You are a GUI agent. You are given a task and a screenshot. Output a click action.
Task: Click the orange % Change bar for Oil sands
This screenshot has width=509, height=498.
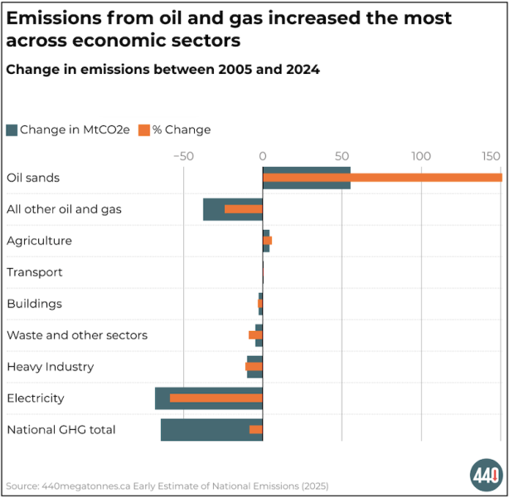click(381, 178)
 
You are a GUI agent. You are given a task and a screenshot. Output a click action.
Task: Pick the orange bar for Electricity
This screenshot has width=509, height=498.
click(216, 398)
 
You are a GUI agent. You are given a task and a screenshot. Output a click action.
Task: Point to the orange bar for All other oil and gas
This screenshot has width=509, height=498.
click(243, 209)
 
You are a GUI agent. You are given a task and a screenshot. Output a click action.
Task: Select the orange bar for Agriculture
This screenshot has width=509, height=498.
click(268, 241)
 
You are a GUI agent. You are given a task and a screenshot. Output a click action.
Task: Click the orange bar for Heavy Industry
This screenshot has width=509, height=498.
click(254, 367)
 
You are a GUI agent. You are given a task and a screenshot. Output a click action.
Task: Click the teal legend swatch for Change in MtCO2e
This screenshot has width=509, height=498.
click(12, 129)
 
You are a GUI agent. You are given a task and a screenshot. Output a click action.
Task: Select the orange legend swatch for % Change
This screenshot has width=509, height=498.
click(143, 129)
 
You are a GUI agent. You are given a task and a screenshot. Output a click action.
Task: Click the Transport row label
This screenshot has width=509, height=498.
click(34, 272)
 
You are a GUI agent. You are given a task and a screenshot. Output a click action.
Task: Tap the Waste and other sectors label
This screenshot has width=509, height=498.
click(76, 335)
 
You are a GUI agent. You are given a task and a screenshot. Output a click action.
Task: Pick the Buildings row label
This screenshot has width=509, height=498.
click(34, 304)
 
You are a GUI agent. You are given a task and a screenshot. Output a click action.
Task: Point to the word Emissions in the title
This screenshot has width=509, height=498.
click(56, 18)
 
